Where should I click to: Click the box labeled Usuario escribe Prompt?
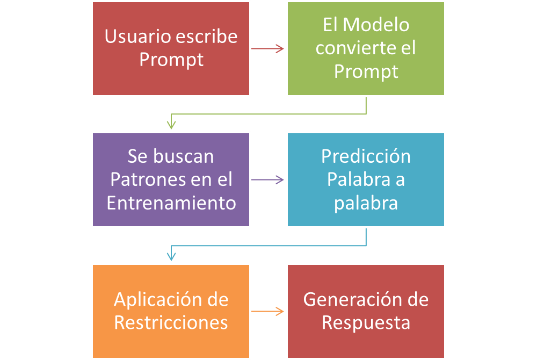click(x=171, y=48)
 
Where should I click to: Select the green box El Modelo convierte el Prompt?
click(x=366, y=48)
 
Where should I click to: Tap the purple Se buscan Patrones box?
click(x=171, y=179)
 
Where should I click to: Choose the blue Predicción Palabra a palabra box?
click(x=366, y=179)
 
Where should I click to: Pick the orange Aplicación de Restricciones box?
click(x=171, y=311)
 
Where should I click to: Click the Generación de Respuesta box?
click(x=366, y=311)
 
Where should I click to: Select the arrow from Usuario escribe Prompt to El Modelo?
click(x=267, y=49)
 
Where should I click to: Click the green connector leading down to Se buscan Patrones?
click(x=268, y=114)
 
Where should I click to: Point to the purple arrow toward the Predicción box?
click(x=267, y=180)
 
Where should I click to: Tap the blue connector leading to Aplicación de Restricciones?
click(x=268, y=246)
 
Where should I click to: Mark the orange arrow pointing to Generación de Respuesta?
click(x=267, y=311)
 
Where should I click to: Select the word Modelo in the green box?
click(x=375, y=25)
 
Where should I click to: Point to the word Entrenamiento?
click(x=171, y=203)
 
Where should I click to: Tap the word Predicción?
click(x=366, y=156)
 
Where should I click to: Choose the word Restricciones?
click(x=171, y=323)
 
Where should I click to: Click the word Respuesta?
click(x=366, y=323)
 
